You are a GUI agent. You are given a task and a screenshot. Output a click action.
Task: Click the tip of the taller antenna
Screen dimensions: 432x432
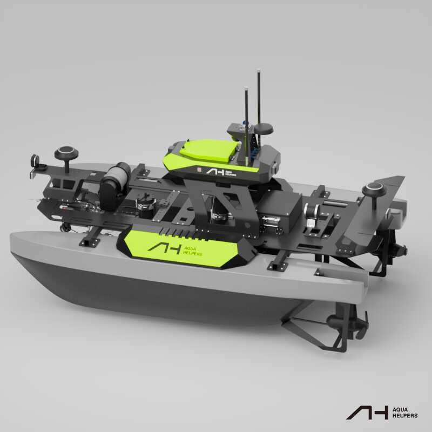259,70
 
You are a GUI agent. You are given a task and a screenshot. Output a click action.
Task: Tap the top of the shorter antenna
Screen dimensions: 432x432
246,89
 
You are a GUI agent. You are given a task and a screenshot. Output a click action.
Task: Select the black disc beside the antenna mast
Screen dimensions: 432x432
263,129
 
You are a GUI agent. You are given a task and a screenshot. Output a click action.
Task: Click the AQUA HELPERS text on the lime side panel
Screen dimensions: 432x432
192,251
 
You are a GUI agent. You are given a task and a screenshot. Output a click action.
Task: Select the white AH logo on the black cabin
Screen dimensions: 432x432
215,172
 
